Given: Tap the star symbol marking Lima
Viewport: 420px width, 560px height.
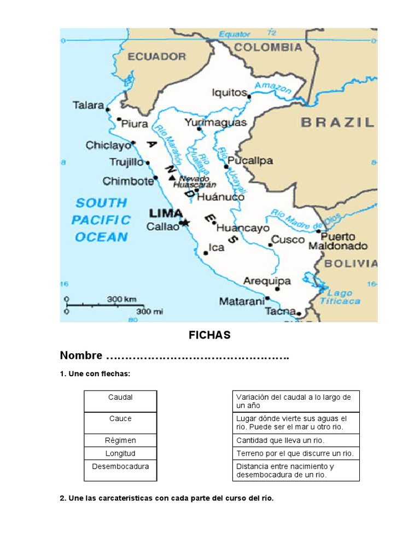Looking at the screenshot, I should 185,223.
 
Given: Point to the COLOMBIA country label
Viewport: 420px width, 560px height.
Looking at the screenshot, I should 268,48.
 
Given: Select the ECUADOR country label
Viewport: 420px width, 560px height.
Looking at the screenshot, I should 156,56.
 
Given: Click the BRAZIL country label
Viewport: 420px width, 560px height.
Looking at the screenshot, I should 337,122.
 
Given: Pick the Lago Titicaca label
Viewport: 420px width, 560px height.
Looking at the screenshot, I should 340,297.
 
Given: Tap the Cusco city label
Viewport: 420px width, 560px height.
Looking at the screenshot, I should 288,240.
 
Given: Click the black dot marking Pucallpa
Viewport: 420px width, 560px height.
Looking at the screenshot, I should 226,166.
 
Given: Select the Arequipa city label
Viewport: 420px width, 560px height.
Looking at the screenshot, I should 267,281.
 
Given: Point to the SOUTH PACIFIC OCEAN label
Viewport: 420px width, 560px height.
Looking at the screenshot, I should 101,220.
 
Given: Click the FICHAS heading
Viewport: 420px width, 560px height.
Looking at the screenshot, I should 209,335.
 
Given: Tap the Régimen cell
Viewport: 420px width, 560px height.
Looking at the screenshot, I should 120,440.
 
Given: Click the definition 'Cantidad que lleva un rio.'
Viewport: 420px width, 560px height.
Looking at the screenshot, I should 280,440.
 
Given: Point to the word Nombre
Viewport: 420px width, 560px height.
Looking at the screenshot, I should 81,356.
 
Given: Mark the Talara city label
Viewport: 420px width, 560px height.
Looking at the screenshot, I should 88,105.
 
